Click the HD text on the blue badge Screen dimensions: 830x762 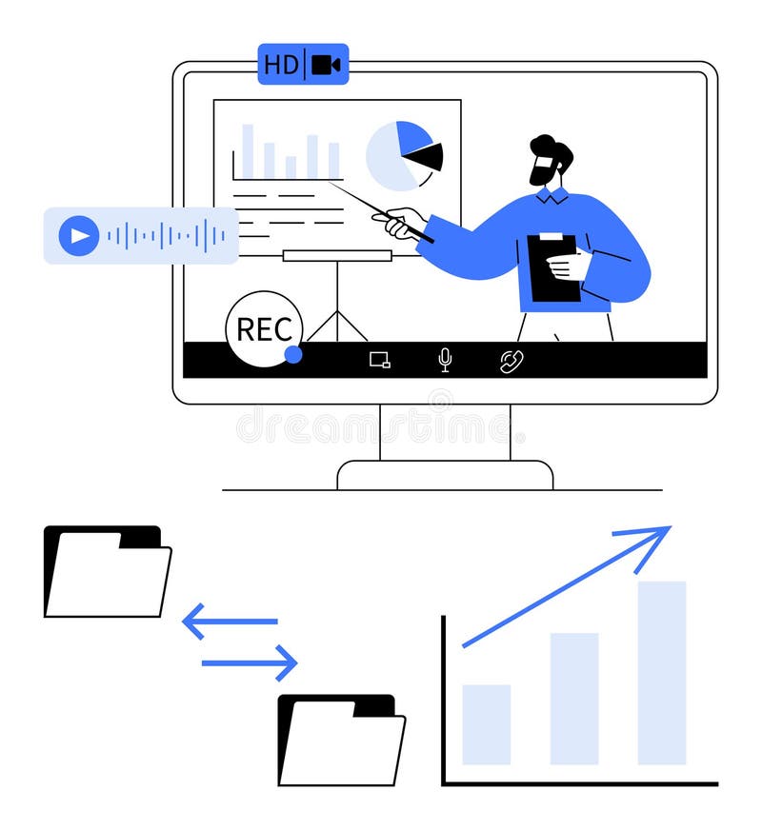281,65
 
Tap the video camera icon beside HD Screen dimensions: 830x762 326,65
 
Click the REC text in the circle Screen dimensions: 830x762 264,329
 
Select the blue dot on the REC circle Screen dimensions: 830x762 293,354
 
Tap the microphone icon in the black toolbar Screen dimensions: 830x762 445,359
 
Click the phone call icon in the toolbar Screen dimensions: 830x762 511,361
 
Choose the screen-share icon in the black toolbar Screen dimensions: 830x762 380,360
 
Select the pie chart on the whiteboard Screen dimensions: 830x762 404,155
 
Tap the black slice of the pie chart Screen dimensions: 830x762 426,156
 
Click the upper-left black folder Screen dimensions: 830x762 107,571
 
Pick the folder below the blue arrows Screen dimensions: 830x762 341,741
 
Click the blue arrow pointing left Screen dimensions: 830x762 229,621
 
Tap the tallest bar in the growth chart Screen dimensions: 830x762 662,672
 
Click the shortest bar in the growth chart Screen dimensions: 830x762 486,724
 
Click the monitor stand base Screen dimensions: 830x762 445,474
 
